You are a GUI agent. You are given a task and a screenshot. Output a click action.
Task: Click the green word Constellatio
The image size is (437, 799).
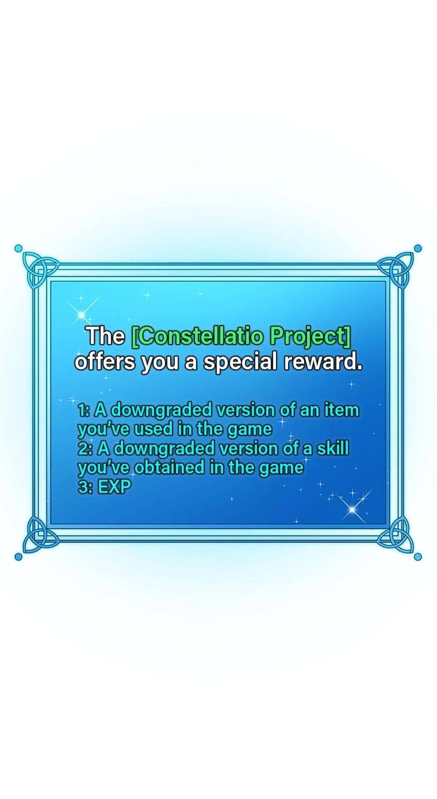200,336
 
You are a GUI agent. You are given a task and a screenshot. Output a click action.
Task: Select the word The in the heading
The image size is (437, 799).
106,336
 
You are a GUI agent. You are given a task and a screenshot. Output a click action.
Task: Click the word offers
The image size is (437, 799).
105,361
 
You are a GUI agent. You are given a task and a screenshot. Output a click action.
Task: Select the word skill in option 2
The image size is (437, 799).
332,448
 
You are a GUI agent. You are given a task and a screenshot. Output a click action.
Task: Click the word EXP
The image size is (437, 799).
114,487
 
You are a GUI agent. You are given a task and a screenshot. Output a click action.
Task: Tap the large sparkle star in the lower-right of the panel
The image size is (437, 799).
353,508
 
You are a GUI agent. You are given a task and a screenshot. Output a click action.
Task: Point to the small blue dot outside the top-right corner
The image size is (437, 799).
417,248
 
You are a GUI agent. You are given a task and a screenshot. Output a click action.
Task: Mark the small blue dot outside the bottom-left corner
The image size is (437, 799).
19,557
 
